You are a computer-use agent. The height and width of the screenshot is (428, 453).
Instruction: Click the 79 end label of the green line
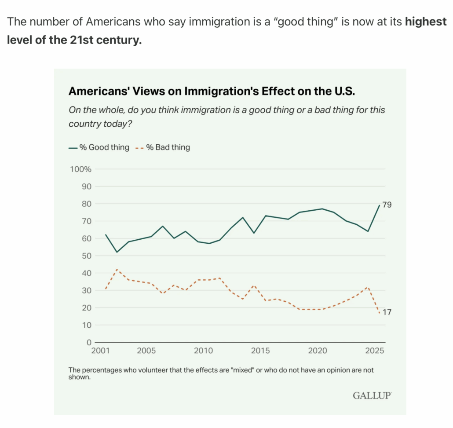(x=387, y=205)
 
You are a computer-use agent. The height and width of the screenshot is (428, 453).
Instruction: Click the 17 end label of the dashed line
(x=387, y=312)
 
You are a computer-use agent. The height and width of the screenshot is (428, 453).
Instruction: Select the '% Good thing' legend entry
(x=99, y=147)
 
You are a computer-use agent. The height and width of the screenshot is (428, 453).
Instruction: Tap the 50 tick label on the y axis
(x=86, y=256)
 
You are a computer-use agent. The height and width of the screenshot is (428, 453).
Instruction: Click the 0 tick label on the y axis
(x=88, y=342)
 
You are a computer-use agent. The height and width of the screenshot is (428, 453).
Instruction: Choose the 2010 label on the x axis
(x=203, y=351)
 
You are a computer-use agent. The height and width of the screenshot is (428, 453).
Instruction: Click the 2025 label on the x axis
(x=375, y=351)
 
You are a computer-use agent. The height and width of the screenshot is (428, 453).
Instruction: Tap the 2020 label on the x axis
(x=318, y=351)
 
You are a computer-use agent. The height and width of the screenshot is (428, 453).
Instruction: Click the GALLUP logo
(x=372, y=395)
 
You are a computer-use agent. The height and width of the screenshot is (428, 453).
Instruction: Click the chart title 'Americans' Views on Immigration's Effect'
(x=212, y=91)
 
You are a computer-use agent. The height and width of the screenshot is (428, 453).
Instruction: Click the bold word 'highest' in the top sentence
(x=425, y=22)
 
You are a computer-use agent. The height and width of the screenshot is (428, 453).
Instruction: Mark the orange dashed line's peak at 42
(x=117, y=269)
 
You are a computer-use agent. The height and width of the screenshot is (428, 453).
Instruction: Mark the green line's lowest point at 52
(x=117, y=252)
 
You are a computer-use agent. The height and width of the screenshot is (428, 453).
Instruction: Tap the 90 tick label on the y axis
(x=86, y=187)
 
